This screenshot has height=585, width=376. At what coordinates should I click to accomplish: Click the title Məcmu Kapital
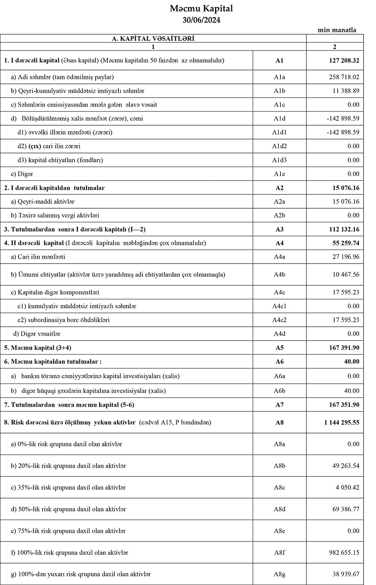point(201,9)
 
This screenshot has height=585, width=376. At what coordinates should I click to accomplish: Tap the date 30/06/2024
point(201,20)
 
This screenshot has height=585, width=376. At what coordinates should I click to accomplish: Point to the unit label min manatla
point(337,30)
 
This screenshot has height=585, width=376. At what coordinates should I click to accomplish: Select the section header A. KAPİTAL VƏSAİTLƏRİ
point(153,38)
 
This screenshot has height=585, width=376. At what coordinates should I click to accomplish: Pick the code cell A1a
point(279,77)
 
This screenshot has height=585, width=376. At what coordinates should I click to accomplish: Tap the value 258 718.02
point(344,77)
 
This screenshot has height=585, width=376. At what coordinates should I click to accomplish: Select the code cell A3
point(279,229)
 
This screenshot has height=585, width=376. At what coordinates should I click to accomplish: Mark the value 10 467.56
point(346,274)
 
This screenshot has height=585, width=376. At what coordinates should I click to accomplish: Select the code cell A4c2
point(279,320)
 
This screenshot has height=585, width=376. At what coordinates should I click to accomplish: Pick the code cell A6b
point(279,391)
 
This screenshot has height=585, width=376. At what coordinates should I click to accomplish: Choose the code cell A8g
point(279,574)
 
